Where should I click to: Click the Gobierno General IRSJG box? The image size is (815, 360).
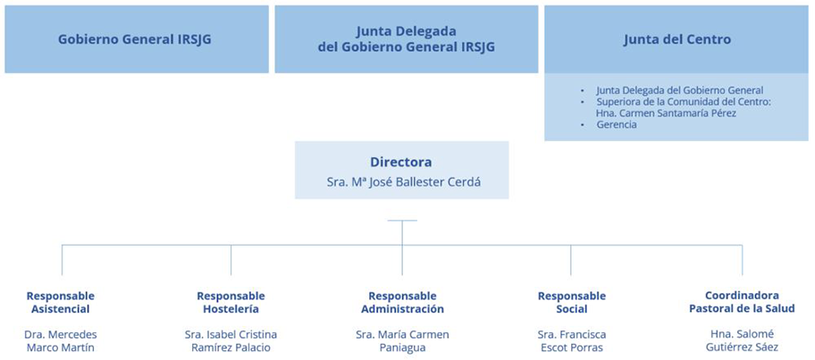(x=137, y=39)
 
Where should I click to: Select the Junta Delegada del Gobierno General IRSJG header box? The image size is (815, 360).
(x=407, y=39)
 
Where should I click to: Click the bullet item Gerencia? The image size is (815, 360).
(x=617, y=125)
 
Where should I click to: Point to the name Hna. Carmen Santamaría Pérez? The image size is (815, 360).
(x=667, y=113)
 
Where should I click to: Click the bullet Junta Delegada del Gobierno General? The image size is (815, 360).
(x=680, y=90)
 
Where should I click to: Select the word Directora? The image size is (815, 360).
(x=400, y=162)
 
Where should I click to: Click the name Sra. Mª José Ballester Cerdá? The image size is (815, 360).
(x=401, y=182)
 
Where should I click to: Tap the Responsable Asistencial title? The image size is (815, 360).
(x=61, y=302)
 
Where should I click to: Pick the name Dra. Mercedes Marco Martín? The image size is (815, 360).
(x=61, y=340)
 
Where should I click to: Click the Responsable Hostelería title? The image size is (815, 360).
(x=231, y=302)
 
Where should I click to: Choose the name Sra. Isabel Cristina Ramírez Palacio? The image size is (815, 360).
(x=231, y=340)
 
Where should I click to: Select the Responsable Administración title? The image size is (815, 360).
(x=402, y=302)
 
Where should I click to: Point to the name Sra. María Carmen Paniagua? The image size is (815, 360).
(x=402, y=340)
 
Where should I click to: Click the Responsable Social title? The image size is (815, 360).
(x=572, y=302)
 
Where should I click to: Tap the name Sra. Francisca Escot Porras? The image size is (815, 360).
(x=572, y=340)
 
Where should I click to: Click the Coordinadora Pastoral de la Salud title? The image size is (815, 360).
(x=743, y=302)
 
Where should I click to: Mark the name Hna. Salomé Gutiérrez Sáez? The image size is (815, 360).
(x=743, y=340)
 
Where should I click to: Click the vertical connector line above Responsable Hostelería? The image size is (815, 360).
(x=231, y=260)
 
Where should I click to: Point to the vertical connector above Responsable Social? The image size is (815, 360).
(x=571, y=260)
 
